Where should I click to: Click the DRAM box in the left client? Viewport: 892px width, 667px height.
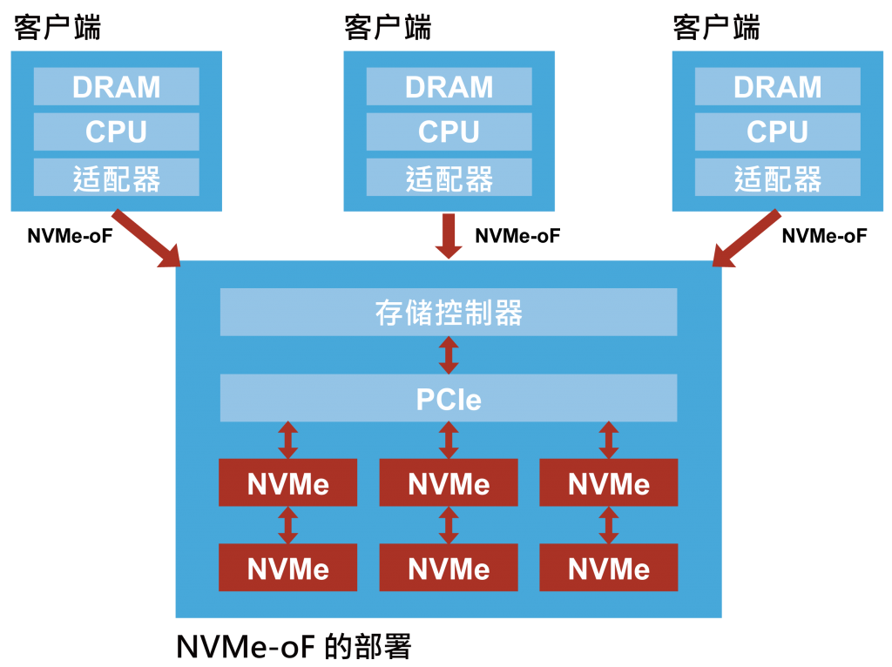coord(116,87)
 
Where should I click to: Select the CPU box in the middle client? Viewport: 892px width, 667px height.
coord(449,132)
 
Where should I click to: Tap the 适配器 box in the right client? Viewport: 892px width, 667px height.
coord(777,179)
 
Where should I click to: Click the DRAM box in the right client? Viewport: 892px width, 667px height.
coord(777,87)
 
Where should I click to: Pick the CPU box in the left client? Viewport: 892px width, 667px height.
coord(116,132)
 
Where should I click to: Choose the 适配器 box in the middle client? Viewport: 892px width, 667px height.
coord(449,179)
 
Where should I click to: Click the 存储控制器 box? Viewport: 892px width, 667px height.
coord(449,312)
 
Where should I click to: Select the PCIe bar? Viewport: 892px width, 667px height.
coord(449,398)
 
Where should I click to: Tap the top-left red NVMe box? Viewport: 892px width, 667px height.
coord(287,483)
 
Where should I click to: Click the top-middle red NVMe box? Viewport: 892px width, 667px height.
coord(449,483)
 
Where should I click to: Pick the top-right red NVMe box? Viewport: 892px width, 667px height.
coord(609,483)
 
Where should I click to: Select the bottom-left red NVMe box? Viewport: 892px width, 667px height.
coord(287,568)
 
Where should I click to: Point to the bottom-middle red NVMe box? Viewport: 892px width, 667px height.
coord(449,568)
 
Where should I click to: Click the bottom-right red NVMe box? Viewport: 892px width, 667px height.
coord(609,568)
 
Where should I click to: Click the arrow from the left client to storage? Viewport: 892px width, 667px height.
coord(145,239)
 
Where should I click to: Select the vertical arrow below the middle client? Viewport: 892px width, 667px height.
coord(449,236)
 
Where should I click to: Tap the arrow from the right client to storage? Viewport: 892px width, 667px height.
coord(747,239)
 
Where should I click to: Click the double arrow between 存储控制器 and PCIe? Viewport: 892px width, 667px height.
coord(449,355)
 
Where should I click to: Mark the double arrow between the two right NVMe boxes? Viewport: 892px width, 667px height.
coord(609,525)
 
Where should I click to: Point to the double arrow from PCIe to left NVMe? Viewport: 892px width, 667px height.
coord(287,441)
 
